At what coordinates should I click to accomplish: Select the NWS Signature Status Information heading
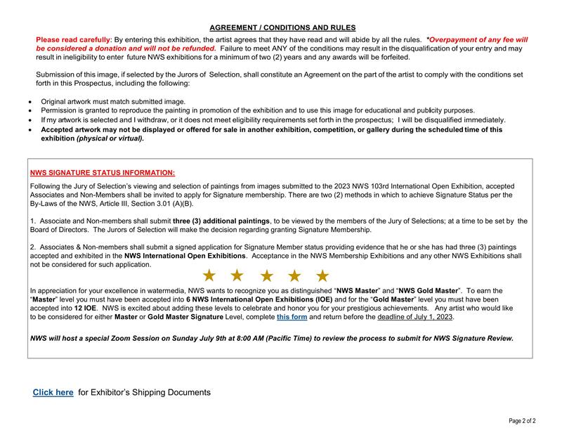(103, 172)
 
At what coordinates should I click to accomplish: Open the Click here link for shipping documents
(53, 392)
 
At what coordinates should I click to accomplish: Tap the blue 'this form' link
(292, 317)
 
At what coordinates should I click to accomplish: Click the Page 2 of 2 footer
(522, 421)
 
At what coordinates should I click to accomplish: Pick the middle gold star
(266, 275)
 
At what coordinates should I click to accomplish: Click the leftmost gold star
(209, 275)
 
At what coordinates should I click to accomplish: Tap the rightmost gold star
(322, 275)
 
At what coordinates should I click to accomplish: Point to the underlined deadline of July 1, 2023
(415, 317)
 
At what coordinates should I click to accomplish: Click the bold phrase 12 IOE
(85, 308)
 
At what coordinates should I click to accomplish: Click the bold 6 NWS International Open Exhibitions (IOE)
(255, 299)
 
